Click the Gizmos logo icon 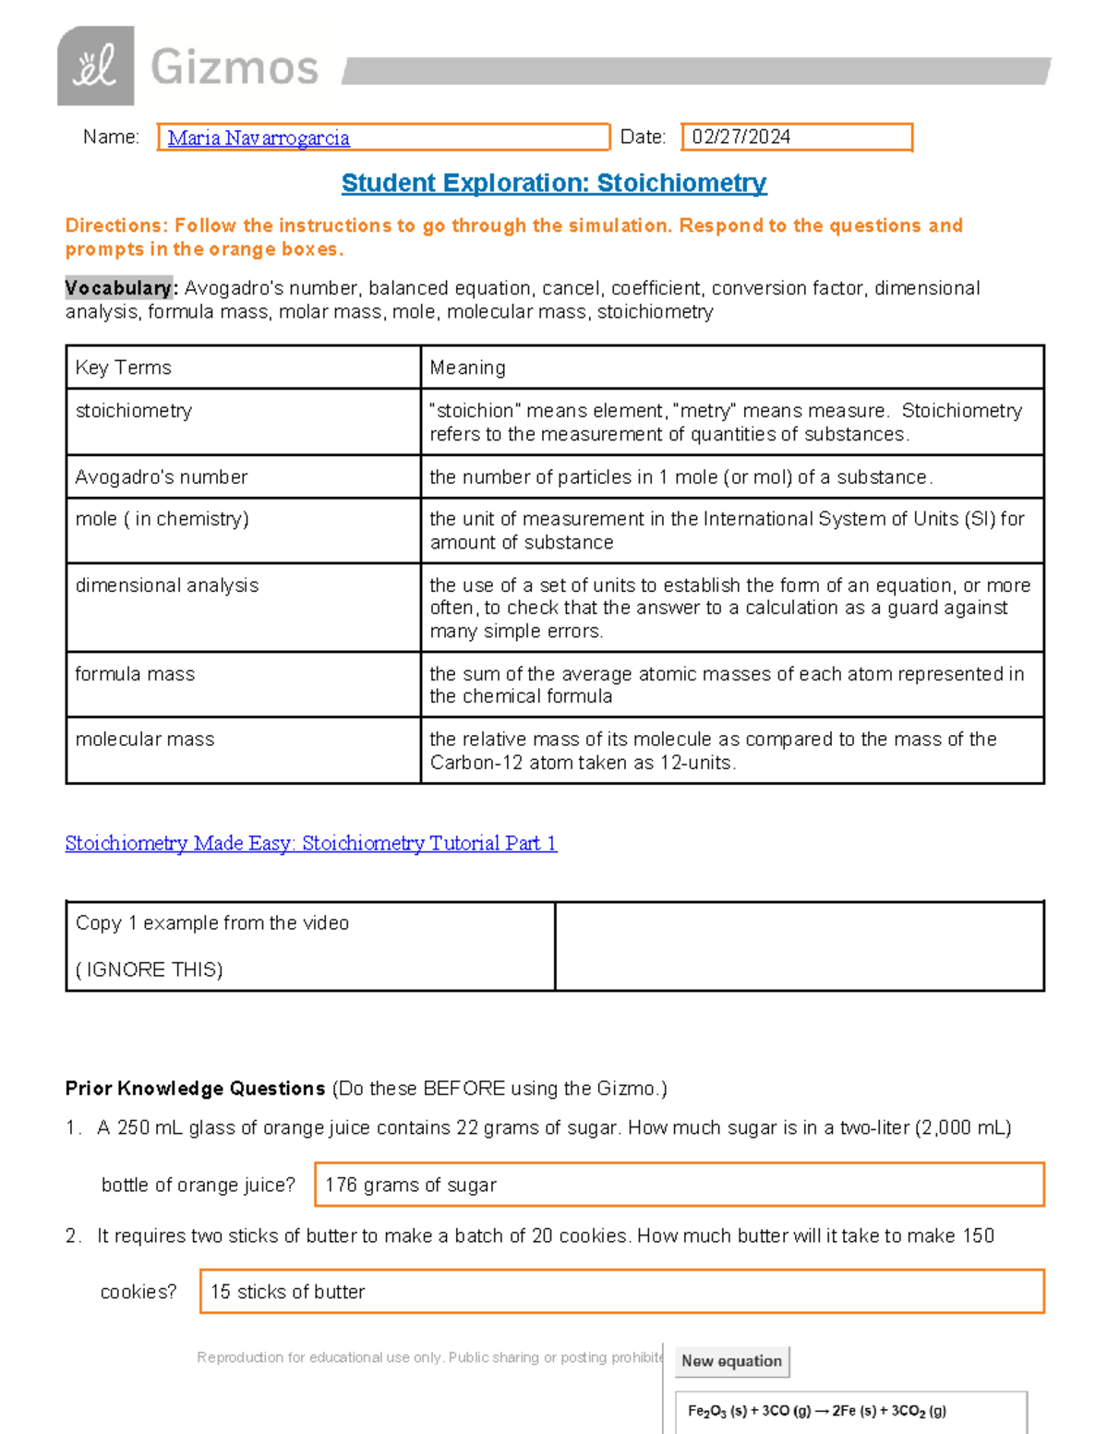(x=95, y=66)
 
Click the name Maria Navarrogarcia (x=259, y=139)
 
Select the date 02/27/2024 (x=741, y=137)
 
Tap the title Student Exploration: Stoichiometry (x=554, y=183)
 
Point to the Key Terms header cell (x=124, y=368)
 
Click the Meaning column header (x=468, y=368)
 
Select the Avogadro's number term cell (x=162, y=477)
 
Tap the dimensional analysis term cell (x=167, y=585)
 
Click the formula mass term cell (x=135, y=674)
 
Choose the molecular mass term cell (x=145, y=740)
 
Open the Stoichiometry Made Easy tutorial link (x=311, y=843)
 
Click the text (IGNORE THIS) (x=150, y=970)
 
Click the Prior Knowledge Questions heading (x=196, y=1089)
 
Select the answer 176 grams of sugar (x=411, y=1185)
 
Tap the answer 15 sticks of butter (x=288, y=1292)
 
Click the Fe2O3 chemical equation (x=817, y=1410)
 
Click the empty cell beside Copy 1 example (x=800, y=946)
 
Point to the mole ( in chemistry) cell (x=163, y=519)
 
